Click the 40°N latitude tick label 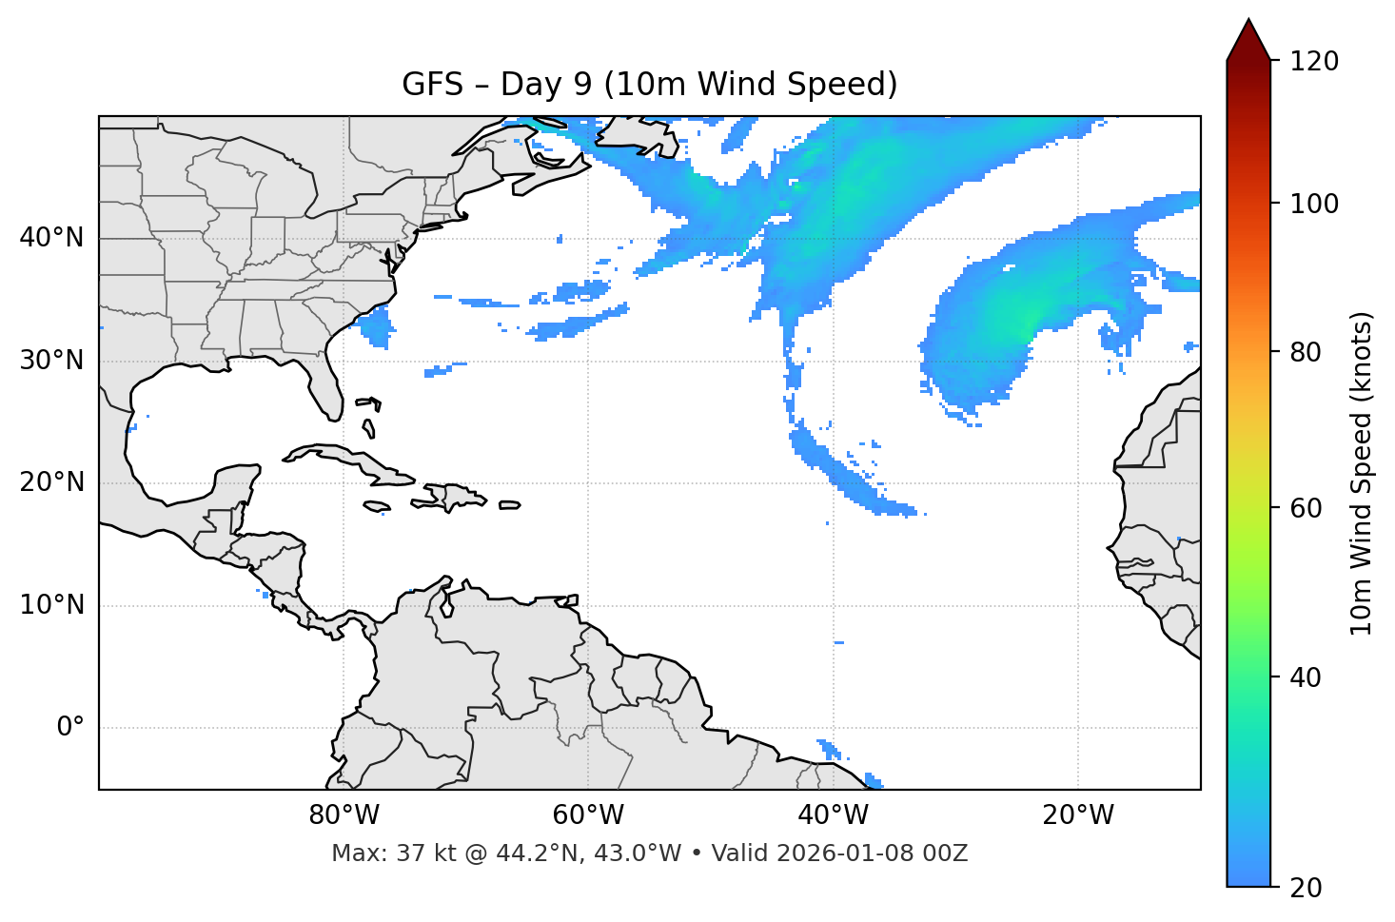[51, 238]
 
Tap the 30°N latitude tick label [51, 361]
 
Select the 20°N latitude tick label [51, 482]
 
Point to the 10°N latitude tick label [51, 605]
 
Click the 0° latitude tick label [70, 728]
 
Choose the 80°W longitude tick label [344, 815]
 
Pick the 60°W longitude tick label [588, 815]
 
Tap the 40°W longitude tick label [833, 815]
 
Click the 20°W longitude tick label [1078, 815]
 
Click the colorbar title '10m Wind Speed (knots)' [1362, 473]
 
